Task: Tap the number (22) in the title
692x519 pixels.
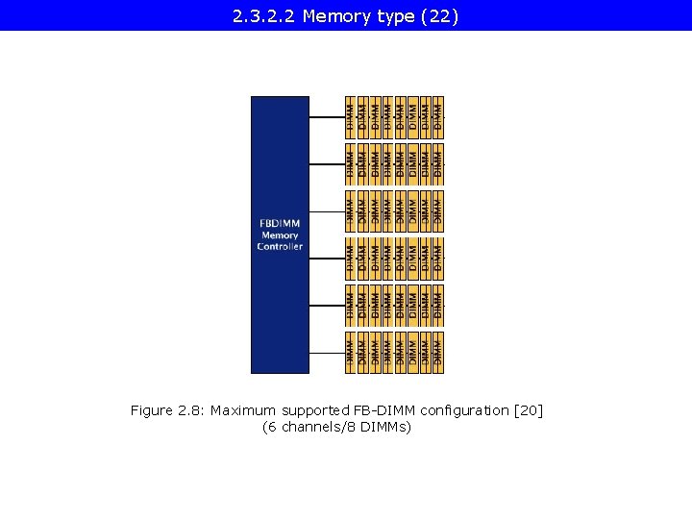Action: coord(440,16)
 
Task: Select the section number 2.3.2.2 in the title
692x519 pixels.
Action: coord(263,16)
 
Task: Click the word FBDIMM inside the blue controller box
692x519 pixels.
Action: coord(280,224)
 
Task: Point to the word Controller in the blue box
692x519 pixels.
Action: coord(280,247)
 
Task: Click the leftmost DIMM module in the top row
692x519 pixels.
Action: coord(351,116)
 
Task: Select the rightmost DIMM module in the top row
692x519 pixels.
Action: coord(438,116)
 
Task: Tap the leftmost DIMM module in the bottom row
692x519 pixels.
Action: coord(351,352)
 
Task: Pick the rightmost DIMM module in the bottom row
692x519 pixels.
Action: coord(438,352)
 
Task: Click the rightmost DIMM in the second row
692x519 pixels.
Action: coord(438,163)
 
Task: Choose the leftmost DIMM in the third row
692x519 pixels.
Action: coord(351,210)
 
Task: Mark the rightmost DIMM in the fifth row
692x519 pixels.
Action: coord(438,305)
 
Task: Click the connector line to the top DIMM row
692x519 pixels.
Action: coord(327,117)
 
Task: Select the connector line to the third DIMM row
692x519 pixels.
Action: coord(327,211)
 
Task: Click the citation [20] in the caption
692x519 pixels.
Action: coord(529,410)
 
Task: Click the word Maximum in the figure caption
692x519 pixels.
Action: coord(243,410)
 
